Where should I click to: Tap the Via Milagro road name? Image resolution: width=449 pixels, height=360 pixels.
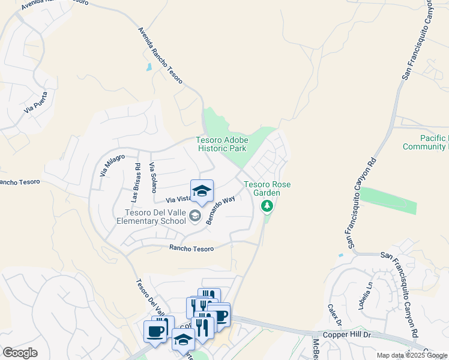coord(112,165)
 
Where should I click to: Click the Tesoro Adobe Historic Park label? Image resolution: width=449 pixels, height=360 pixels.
coord(221,144)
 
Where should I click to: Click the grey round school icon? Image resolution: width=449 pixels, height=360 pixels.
coord(195,215)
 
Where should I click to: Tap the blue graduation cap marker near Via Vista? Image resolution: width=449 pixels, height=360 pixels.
coord(202,191)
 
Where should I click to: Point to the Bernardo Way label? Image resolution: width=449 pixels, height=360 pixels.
coord(220,211)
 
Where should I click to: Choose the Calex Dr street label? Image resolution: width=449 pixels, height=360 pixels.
coord(334,314)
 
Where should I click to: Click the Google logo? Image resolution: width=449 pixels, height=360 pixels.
coord(20,353)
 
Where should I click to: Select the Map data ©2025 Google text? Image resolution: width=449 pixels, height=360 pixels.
coord(412,355)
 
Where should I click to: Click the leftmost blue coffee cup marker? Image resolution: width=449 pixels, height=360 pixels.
coord(155,331)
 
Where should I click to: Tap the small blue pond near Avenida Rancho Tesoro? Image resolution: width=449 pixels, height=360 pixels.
coord(148,67)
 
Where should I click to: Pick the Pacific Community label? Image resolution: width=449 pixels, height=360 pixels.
coord(426,142)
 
